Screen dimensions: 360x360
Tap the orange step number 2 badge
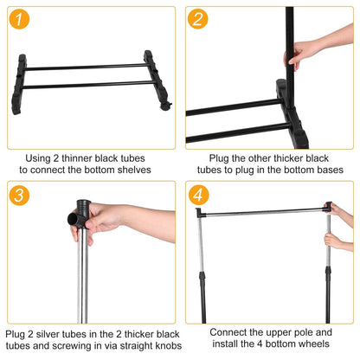(x=199, y=20)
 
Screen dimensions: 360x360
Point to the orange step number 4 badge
(x=199, y=196)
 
